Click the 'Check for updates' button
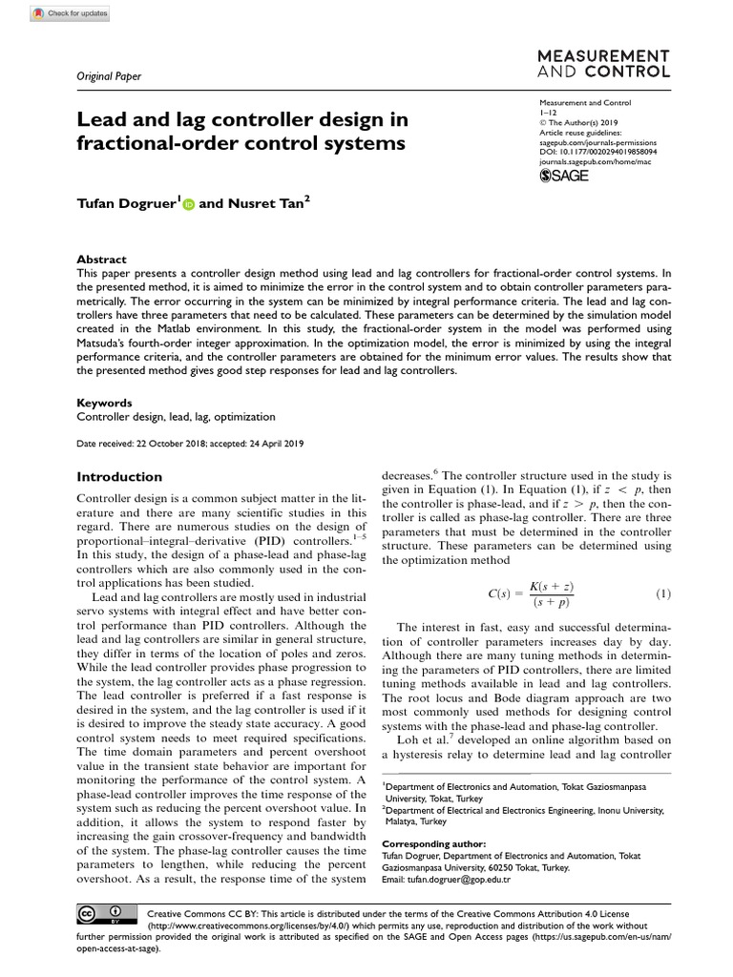pos(73,13)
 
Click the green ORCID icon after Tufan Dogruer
pos(187,204)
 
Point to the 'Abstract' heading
pos(101,260)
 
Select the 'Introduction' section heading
pos(119,477)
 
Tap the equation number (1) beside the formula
pos(663,593)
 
